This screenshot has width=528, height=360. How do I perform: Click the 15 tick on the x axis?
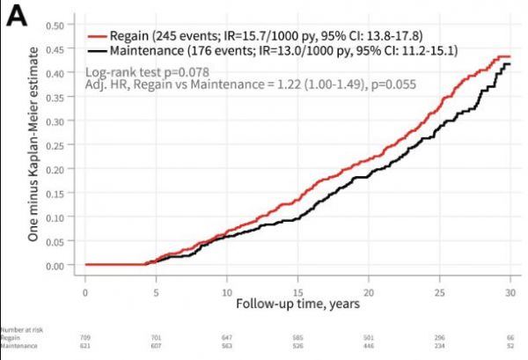[x=297, y=291]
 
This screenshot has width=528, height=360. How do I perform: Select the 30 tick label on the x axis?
[x=510, y=291]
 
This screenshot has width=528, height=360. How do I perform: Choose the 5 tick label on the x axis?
[x=156, y=291]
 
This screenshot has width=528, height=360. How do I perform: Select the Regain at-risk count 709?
[x=84, y=337]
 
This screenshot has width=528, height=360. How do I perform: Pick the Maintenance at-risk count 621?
[x=84, y=345]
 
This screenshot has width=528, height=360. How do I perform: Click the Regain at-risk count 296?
[x=439, y=337]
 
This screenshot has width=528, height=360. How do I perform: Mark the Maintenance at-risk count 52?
[x=511, y=345]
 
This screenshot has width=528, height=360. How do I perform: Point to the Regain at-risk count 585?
[x=297, y=337]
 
